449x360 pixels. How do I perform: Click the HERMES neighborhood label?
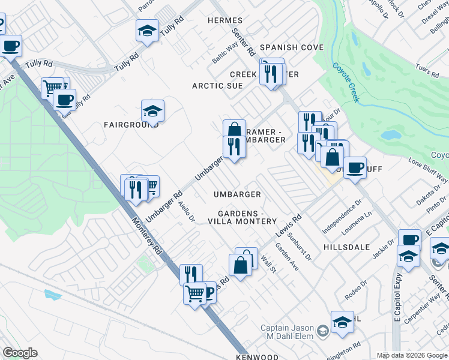225,20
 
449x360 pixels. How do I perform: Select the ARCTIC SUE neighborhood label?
217,86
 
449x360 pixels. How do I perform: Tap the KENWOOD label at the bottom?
258,356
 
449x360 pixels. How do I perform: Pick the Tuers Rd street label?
427,74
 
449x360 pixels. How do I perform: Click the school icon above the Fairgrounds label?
152,110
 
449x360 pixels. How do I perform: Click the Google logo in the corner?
19,353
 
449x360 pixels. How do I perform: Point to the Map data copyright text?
411,355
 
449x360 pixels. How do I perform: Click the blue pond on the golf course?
390,134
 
